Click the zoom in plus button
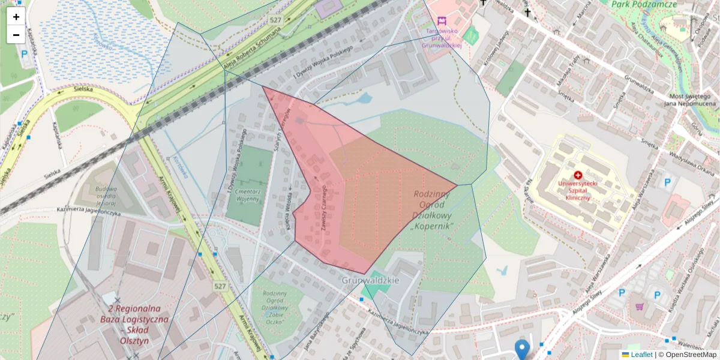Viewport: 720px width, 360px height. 16,17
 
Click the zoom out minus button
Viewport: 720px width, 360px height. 16,35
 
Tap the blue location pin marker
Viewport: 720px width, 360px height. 523,349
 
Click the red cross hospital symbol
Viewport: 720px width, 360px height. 578,175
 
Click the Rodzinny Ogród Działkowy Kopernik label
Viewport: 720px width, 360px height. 432,210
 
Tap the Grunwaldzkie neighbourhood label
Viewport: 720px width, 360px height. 371,280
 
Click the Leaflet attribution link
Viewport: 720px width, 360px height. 641,355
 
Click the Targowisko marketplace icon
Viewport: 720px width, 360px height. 442,21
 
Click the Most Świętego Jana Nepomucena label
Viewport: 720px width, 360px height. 690,100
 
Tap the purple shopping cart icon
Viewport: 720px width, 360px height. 640,307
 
